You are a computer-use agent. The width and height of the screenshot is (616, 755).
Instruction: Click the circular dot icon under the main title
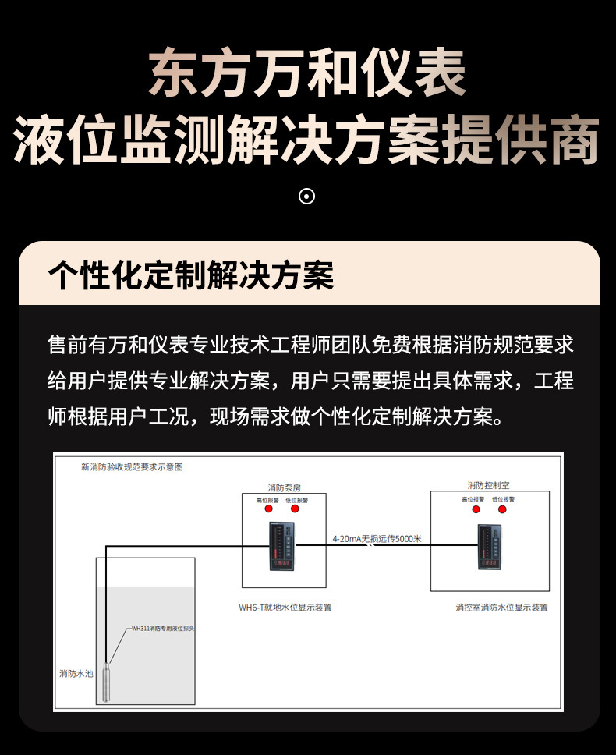[x=307, y=197]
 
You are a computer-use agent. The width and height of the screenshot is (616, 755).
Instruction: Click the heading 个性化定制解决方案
[x=190, y=275]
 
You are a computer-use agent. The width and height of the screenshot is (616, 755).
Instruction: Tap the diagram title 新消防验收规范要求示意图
[x=132, y=467]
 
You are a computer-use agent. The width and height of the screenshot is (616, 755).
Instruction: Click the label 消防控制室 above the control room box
[x=489, y=485]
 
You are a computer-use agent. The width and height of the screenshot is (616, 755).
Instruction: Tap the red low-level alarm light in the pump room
[x=295, y=509]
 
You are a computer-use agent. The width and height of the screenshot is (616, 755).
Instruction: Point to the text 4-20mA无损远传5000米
[x=377, y=539]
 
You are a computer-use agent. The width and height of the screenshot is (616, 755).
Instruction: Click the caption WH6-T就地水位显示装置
[x=285, y=607]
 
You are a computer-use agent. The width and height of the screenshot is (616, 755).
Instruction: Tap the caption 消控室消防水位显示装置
[x=502, y=607]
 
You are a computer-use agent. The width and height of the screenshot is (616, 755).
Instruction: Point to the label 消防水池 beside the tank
[x=76, y=673]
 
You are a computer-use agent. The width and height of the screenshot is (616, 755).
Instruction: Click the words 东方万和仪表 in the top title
[x=307, y=75]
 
